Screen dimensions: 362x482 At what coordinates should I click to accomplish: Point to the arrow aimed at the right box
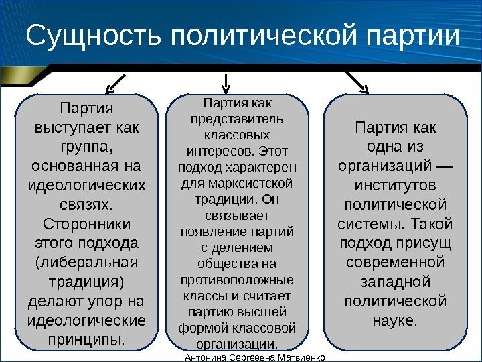[356, 83]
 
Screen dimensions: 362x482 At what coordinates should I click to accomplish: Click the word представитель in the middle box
[238, 119]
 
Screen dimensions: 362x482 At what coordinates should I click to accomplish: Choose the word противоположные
[238, 280]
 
